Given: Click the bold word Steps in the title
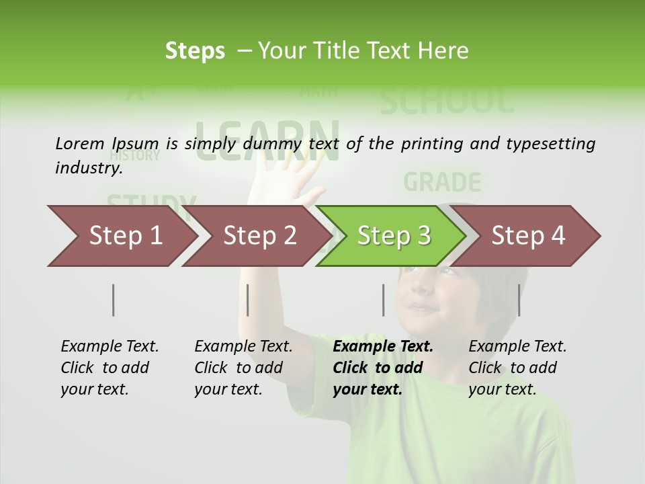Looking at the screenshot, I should click(195, 51).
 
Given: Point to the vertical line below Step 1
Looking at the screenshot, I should click(114, 300).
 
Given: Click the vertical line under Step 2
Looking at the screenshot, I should click(248, 300).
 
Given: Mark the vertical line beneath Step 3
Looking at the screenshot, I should click(384, 300).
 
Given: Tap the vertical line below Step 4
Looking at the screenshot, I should click(519, 300).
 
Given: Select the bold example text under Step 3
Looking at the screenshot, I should click(382, 368).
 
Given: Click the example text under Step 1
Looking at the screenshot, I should click(110, 368).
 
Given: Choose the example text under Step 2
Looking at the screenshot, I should click(243, 368).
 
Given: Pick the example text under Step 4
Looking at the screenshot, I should click(517, 368).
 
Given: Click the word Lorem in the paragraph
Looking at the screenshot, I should click(80, 143).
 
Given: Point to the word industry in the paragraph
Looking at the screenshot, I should click(88, 167).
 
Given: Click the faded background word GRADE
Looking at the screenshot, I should click(443, 182).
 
